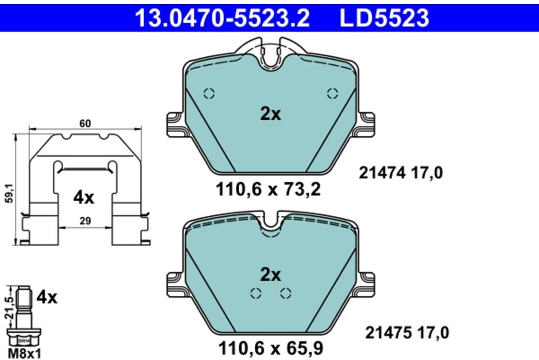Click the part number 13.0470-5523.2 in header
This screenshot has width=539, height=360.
(222, 18)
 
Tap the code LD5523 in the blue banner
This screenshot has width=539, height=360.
(384, 18)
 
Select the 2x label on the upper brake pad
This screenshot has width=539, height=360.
(270, 115)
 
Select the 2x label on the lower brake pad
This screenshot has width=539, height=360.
(270, 275)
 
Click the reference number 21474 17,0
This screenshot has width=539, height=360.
(401, 173)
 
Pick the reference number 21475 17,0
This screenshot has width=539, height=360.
(407, 333)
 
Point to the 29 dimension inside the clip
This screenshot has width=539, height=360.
(85, 220)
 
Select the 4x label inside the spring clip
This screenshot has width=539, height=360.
(84, 198)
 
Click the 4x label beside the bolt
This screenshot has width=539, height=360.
(47, 297)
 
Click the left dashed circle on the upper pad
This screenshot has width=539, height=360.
(209, 93)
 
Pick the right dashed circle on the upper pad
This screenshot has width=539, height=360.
(332, 93)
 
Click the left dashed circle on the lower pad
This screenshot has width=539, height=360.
(256, 293)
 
